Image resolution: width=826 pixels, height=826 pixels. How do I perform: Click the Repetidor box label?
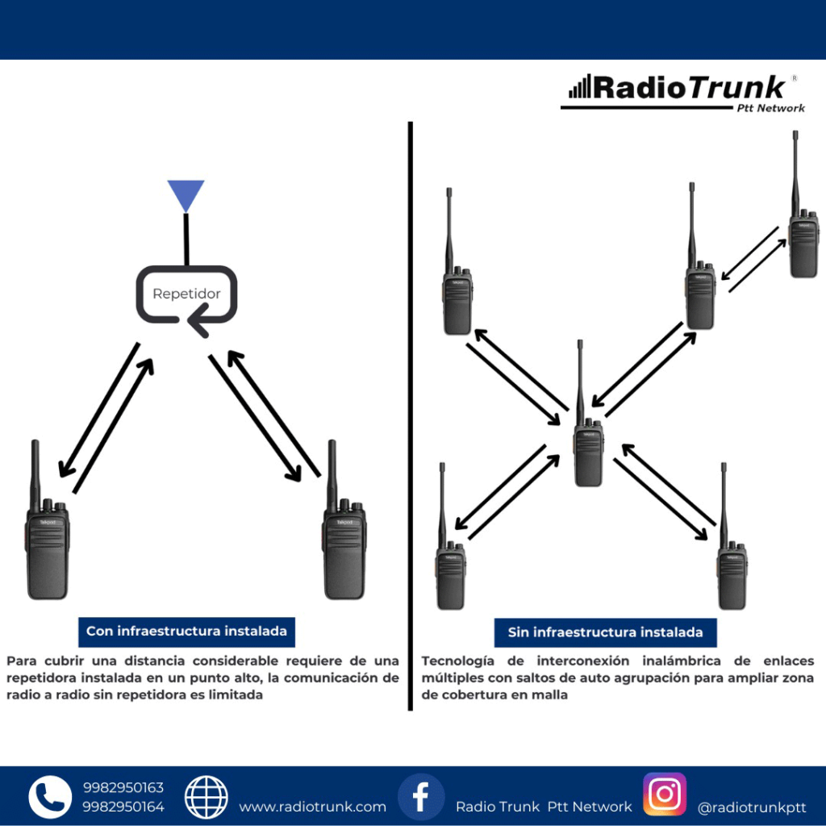click(x=186, y=294)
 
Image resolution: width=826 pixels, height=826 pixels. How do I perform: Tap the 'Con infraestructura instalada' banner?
click(x=186, y=632)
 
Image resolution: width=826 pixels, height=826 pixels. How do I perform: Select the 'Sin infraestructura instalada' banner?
click(x=605, y=632)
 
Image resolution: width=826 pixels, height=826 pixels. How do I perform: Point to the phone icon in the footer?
click(x=50, y=797)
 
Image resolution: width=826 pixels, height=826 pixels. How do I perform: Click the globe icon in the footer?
click(x=206, y=797)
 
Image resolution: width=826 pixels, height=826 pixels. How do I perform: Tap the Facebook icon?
click(x=421, y=797)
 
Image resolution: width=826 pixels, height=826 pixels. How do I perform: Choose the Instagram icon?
click(x=665, y=795)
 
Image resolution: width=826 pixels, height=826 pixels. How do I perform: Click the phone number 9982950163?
click(x=123, y=788)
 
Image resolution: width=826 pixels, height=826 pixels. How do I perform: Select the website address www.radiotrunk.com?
click(x=312, y=807)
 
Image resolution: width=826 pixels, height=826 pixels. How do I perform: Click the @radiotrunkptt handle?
click(x=751, y=807)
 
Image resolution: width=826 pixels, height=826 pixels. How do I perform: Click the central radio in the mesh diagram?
click(x=588, y=452)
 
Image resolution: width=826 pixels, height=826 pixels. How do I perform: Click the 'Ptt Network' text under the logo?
click(x=770, y=108)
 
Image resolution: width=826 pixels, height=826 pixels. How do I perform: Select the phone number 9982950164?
click(x=123, y=807)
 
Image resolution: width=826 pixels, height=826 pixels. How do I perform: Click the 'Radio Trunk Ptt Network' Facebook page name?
click(x=544, y=807)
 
